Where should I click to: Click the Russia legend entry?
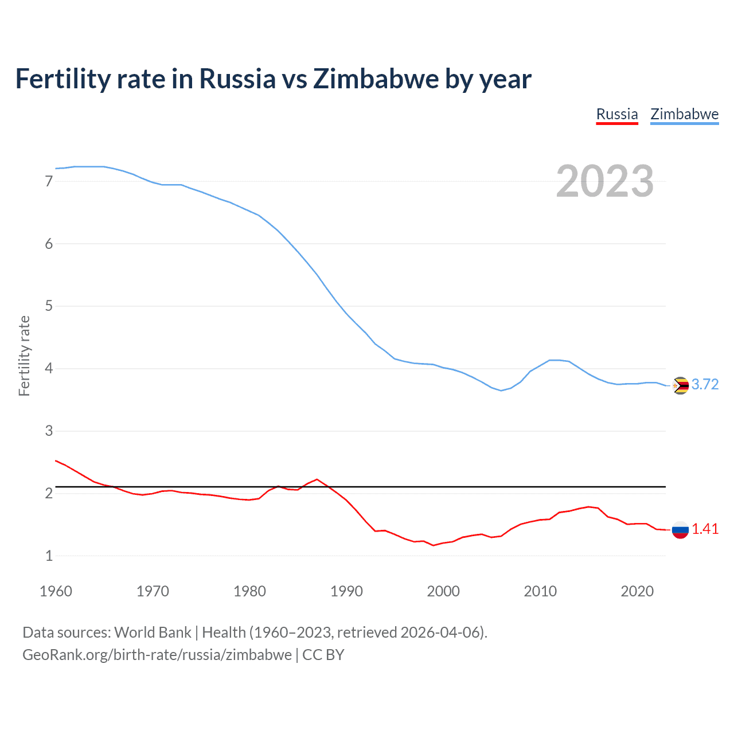(x=617, y=114)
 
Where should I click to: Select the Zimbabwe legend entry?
(x=684, y=114)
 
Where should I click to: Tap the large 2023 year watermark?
(x=605, y=181)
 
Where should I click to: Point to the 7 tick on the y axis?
(x=49, y=182)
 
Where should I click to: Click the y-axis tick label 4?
(x=49, y=368)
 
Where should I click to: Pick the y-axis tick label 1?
(x=49, y=556)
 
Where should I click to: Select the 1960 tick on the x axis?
(x=56, y=591)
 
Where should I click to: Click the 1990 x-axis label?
(x=346, y=591)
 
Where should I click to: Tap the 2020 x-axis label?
(x=637, y=591)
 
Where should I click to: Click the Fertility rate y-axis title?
(x=24, y=356)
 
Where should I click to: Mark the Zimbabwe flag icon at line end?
(x=680, y=385)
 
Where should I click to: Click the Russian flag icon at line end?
(x=680, y=530)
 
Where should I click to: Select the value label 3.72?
(x=705, y=385)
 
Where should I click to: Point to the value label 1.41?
(x=705, y=529)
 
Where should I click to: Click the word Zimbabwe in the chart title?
(x=376, y=79)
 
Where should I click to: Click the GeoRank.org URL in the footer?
(x=157, y=655)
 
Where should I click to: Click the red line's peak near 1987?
(x=317, y=479)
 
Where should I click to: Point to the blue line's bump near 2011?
(x=550, y=360)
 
